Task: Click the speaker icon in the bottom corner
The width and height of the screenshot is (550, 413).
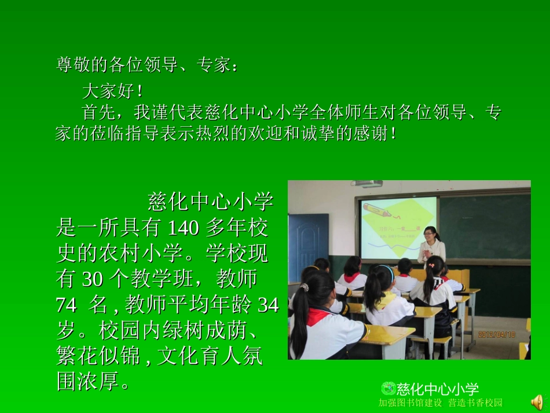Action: tap(538, 401)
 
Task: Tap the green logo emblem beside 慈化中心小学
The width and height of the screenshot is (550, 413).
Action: tap(388, 388)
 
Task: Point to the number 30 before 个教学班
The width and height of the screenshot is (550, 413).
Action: tap(93, 280)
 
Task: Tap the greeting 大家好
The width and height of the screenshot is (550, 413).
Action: tap(112, 91)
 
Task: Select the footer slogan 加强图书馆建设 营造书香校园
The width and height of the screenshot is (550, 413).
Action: tap(440, 403)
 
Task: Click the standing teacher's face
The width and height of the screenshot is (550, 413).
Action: tap(430, 236)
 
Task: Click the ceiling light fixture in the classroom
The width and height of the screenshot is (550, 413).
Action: tap(366, 184)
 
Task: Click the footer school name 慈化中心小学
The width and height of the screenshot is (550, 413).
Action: tap(438, 389)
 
